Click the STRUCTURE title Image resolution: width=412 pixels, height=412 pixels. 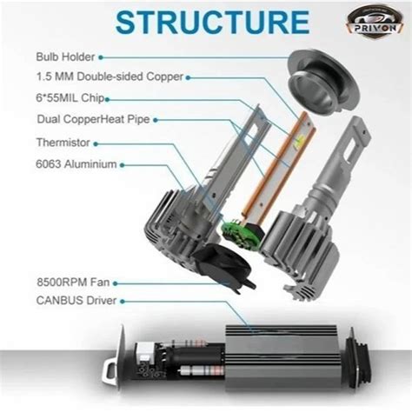pyautogui.click(x=213, y=23)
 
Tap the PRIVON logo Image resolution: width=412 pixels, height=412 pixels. pyautogui.click(x=375, y=20)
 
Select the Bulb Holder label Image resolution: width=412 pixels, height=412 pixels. pyautogui.click(x=65, y=56)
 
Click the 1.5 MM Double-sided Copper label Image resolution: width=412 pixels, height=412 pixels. pyautogui.click(x=110, y=76)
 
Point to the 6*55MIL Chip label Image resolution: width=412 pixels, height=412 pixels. pyautogui.click(x=70, y=98)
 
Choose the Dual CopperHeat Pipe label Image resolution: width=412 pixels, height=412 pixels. pyautogui.click(x=93, y=119)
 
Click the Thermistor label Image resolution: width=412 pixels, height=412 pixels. pyautogui.click(x=63, y=143)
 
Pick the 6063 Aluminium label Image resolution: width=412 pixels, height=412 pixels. pyautogui.click(x=76, y=164)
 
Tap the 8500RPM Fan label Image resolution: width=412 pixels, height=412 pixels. pyautogui.click(x=73, y=282)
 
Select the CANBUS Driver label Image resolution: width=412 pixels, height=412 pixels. pyautogui.click(x=76, y=301)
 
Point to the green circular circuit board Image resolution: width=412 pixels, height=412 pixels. pyautogui.click(x=238, y=235)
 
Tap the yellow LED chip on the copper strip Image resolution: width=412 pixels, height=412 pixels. pyautogui.click(x=298, y=142)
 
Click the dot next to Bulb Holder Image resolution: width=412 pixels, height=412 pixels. pyautogui.click(x=101, y=57)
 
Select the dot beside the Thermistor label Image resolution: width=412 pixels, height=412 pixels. pyautogui.click(x=96, y=143)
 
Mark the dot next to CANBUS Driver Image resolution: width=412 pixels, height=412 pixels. pyautogui.click(x=123, y=302)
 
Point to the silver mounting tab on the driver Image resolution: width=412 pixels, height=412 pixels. pyautogui.click(x=110, y=372)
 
